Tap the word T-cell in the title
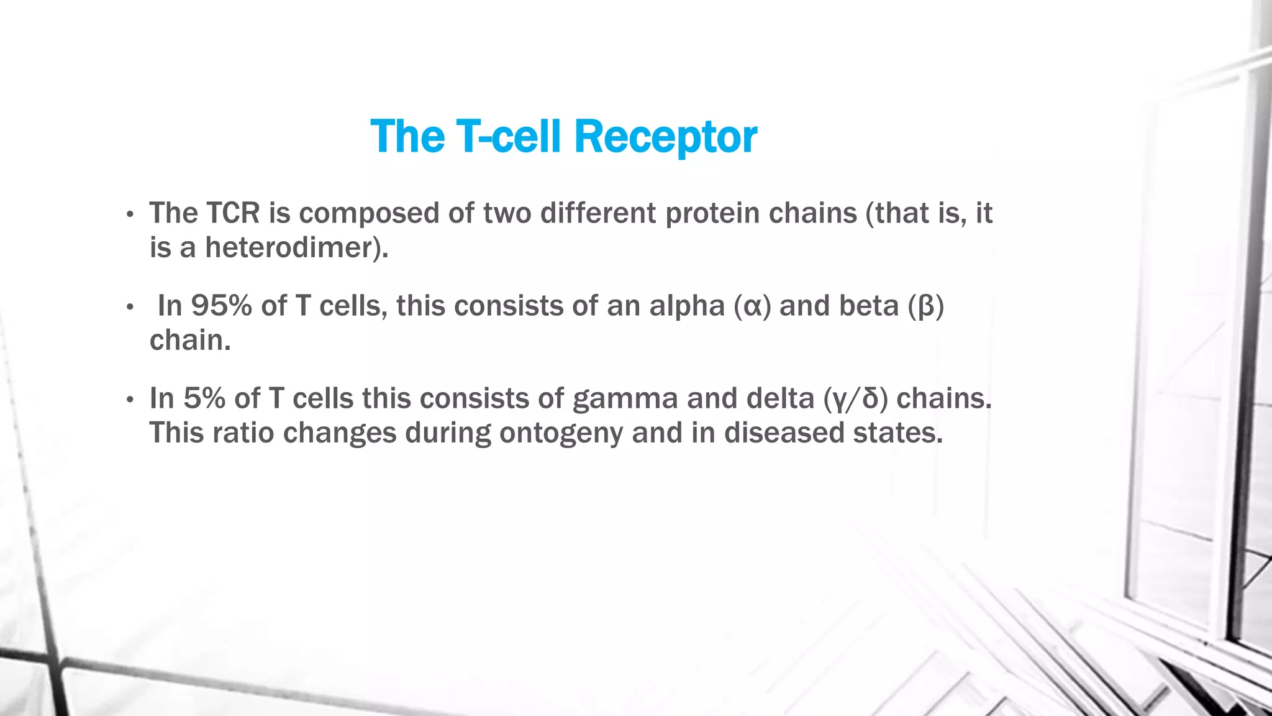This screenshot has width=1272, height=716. tap(508, 136)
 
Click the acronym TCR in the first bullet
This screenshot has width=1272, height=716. tap(233, 213)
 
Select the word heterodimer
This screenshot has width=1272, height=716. tap(288, 247)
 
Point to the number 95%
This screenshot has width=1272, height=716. tap(221, 306)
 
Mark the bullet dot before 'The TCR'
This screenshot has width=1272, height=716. tap(129, 215)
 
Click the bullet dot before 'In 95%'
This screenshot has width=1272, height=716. tap(129, 307)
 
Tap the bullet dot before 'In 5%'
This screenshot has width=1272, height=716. tap(129, 400)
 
